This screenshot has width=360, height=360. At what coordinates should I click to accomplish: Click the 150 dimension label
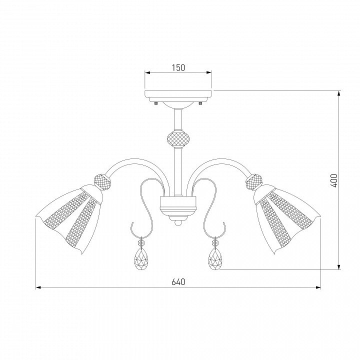coord(178,67)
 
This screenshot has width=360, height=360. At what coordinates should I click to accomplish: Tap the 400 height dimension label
coord(334,180)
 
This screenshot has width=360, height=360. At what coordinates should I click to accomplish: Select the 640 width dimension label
coord(178,282)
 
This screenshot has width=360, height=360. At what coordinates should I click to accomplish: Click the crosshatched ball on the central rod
coord(178,138)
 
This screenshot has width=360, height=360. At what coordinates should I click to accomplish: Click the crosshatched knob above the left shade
coord(103,182)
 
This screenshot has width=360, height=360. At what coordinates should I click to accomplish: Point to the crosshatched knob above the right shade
coord(253,182)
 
